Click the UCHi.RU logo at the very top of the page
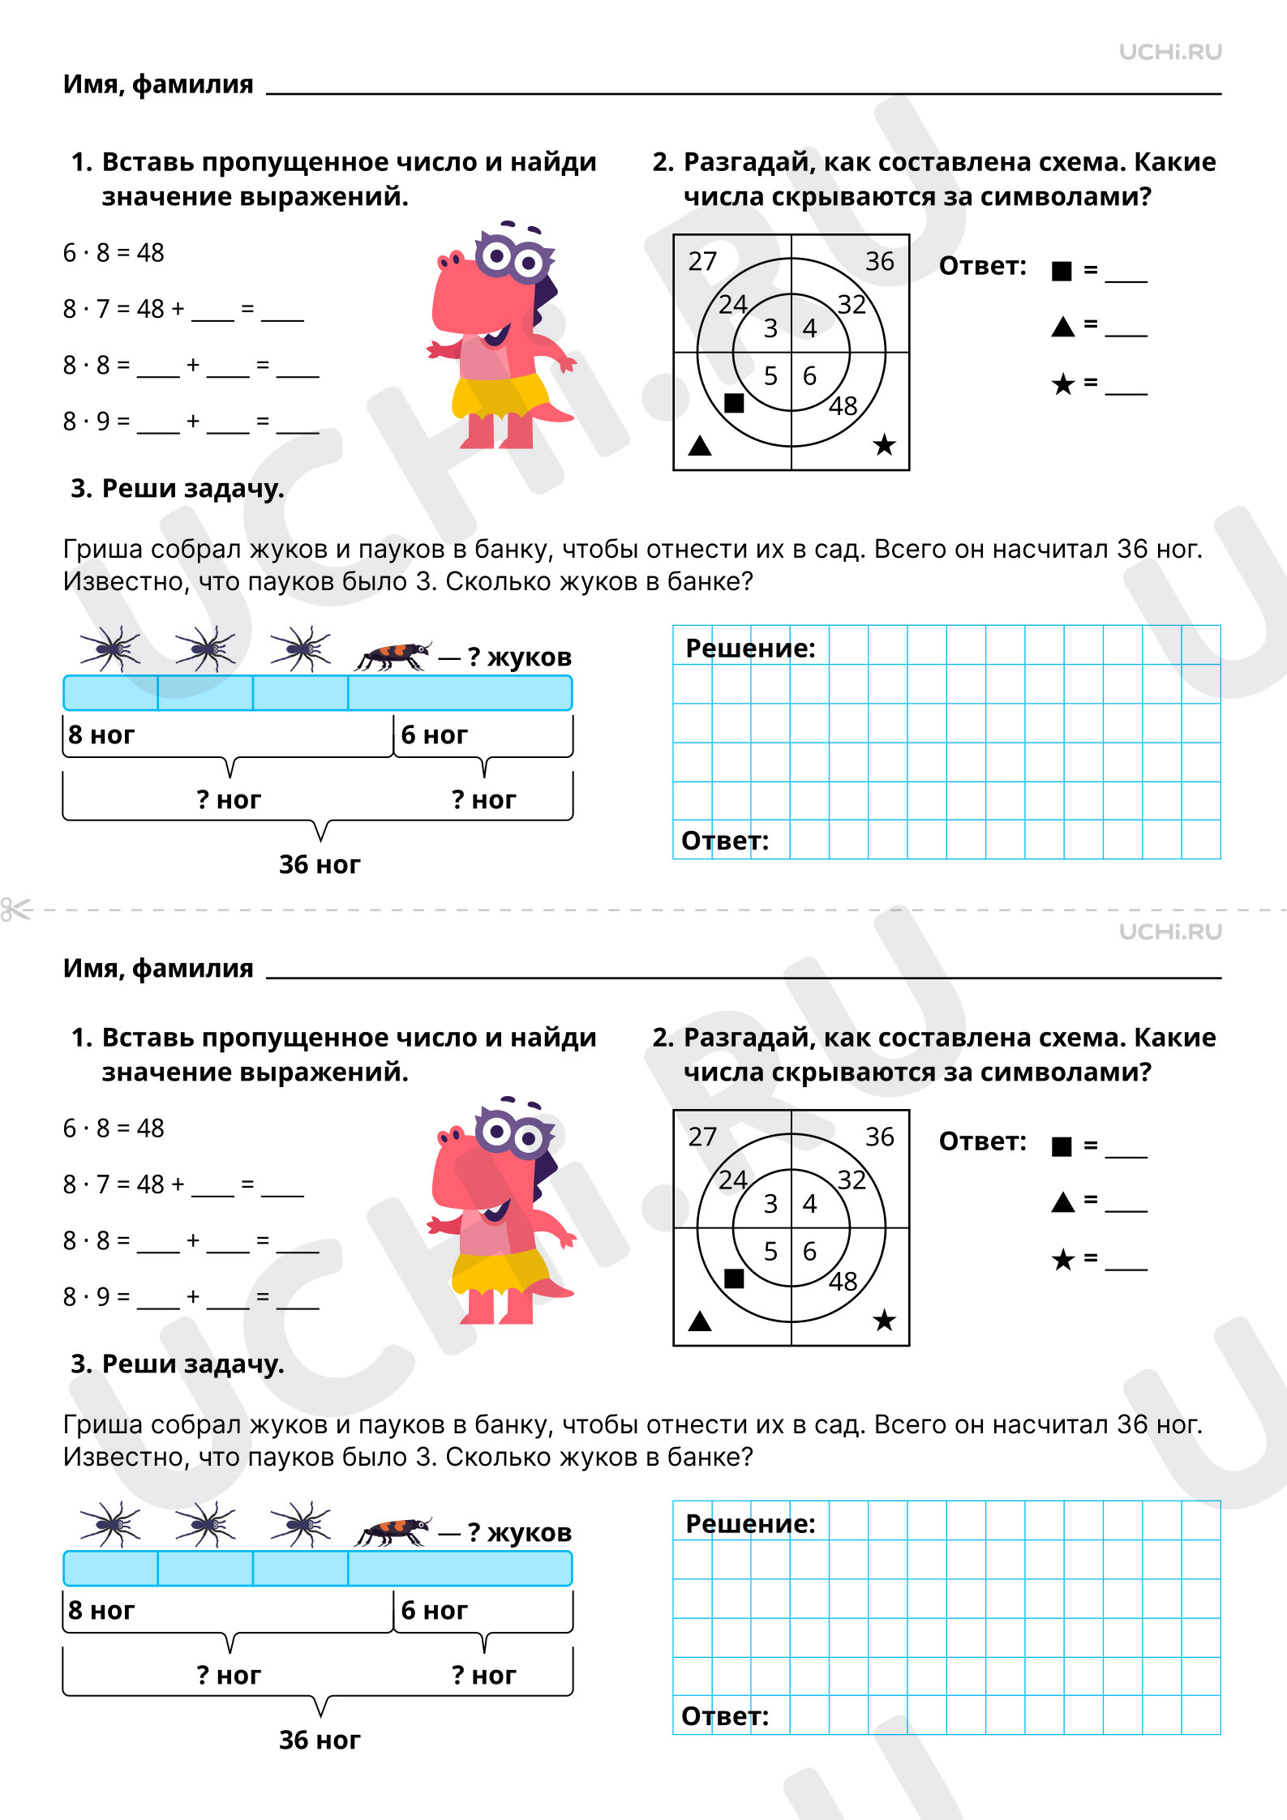[1169, 53]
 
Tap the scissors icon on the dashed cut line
[15, 910]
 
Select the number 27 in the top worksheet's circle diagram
[702, 261]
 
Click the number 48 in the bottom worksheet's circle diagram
[843, 1281]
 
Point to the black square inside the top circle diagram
[734, 403]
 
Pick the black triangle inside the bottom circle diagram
[699, 1321]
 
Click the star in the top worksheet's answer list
[1062, 384]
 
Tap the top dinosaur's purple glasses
[511, 258]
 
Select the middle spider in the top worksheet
[206, 649]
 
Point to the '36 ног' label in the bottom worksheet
[319, 1740]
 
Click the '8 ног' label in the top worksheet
[101, 734]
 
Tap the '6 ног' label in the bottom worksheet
[434, 1610]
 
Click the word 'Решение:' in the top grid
[750, 649]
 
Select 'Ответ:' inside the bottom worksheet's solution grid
[724, 1716]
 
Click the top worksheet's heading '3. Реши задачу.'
[178, 488]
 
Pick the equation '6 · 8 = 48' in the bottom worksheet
[114, 1128]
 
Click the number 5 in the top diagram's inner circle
[770, 376]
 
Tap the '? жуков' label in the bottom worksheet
[519, 1532]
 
